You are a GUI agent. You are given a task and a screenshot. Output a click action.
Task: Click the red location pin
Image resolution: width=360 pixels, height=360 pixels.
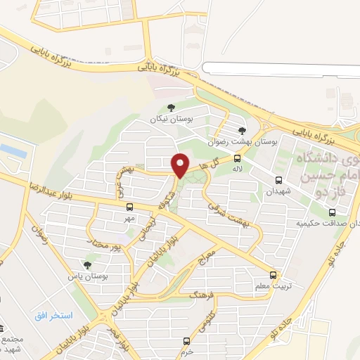tap(181, 166)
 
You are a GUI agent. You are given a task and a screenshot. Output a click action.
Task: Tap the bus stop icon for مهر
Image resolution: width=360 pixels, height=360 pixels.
tap(129, 207)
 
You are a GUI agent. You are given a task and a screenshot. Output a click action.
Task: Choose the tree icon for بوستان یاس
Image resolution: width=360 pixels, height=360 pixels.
tap(87, 266)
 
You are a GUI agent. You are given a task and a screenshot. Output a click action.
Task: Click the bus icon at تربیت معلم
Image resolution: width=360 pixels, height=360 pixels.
tap(274, 275)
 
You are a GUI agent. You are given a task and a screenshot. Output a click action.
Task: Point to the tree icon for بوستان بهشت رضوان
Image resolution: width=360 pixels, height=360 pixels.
tap(243, 130)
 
